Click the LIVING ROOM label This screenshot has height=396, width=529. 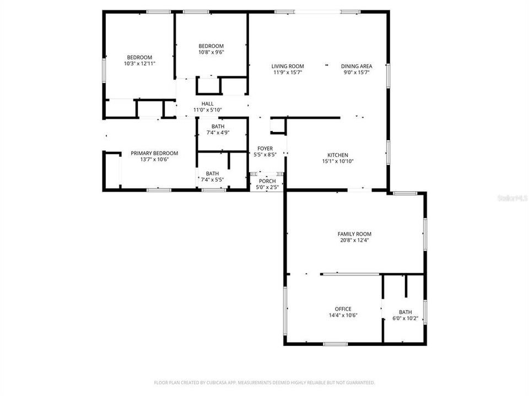[288, 66]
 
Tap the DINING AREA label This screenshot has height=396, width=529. [356, 66]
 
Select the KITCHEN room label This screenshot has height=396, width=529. [337, 155]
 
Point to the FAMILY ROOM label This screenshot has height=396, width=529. [354, 234]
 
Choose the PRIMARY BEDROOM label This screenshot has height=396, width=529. [154, 153]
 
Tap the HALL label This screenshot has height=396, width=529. [207, 103]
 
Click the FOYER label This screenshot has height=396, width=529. [265, 148]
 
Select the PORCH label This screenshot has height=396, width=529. [267, 181]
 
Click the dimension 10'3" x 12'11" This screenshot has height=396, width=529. [139, 64]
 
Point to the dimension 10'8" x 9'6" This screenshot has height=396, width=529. [211, 52]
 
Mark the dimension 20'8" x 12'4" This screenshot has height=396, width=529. [354, 240]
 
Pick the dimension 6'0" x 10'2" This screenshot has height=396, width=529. [406, 318]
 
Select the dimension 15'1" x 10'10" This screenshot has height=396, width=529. [337, 161]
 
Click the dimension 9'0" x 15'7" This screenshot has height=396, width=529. [356, 72]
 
